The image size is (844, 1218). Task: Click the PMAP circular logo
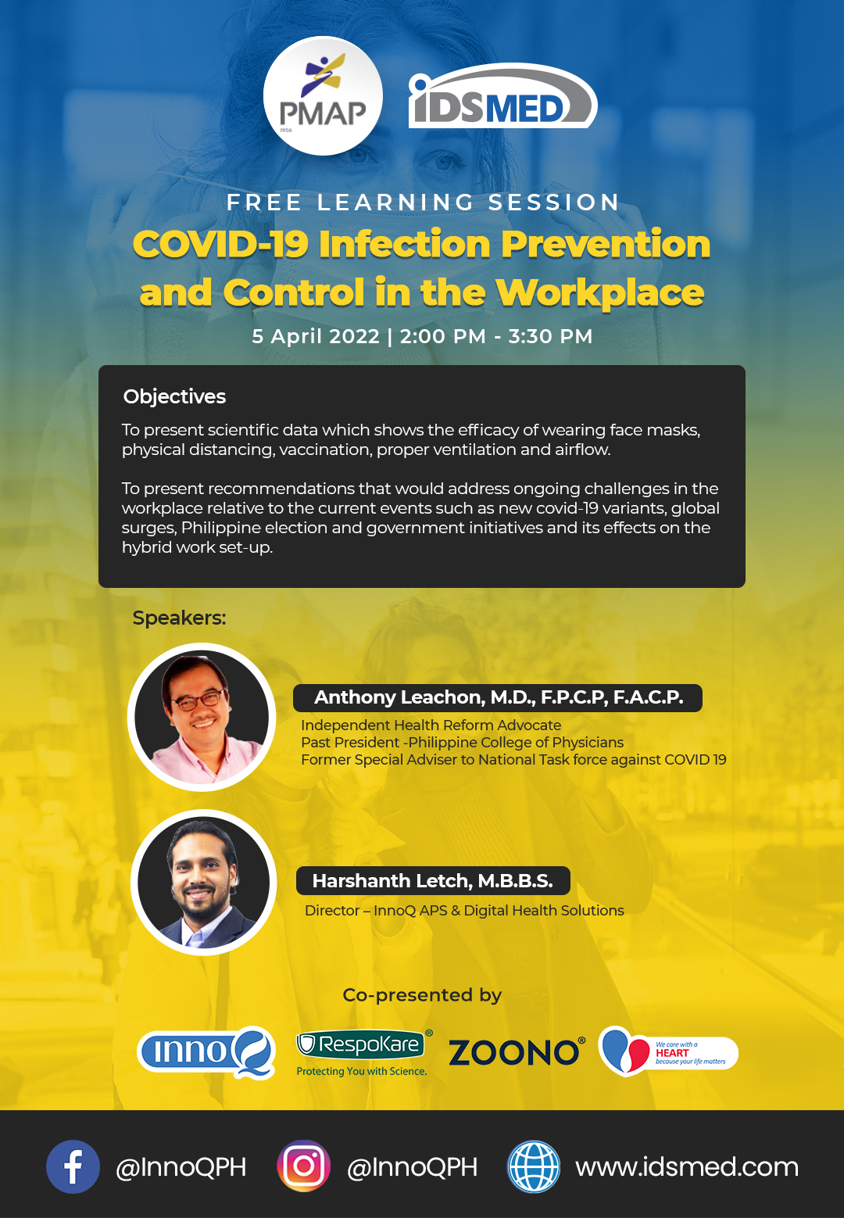(x=323, y=95)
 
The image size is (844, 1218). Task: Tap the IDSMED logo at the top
(x=502, y=96)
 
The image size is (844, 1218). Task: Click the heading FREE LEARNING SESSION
(x=423, y=202)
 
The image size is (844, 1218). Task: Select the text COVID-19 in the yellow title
(x=221, y=244)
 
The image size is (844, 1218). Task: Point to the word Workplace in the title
(x=600, y=292)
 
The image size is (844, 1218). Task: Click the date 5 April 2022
(x=316, y=336)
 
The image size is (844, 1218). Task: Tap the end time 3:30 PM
(x=550, y=336)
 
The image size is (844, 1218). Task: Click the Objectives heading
(x=174, y=397)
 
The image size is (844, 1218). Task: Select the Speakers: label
(x=179, y=618)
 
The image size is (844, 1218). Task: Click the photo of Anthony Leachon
(x=202, y=717)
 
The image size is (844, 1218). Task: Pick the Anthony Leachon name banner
(x=498, y=697)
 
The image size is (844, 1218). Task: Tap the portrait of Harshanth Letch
(x=204, y=882)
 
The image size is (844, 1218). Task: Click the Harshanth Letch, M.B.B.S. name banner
(x=433, y=880)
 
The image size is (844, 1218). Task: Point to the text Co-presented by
(x=422, y=995)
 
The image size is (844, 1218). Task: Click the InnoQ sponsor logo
(x=206, y=1052)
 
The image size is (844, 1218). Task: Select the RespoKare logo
(x=364, y=1051)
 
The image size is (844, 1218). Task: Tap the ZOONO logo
(x=517, y=1052)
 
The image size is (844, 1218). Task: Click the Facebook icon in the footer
(x=73, y=1167)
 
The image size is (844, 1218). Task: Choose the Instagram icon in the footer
(x=304, y=1166)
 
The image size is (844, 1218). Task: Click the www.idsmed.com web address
(x=687, y=1167)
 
